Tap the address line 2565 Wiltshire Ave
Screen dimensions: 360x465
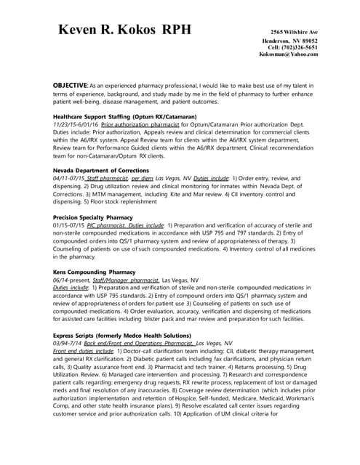(x=294, y=33)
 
